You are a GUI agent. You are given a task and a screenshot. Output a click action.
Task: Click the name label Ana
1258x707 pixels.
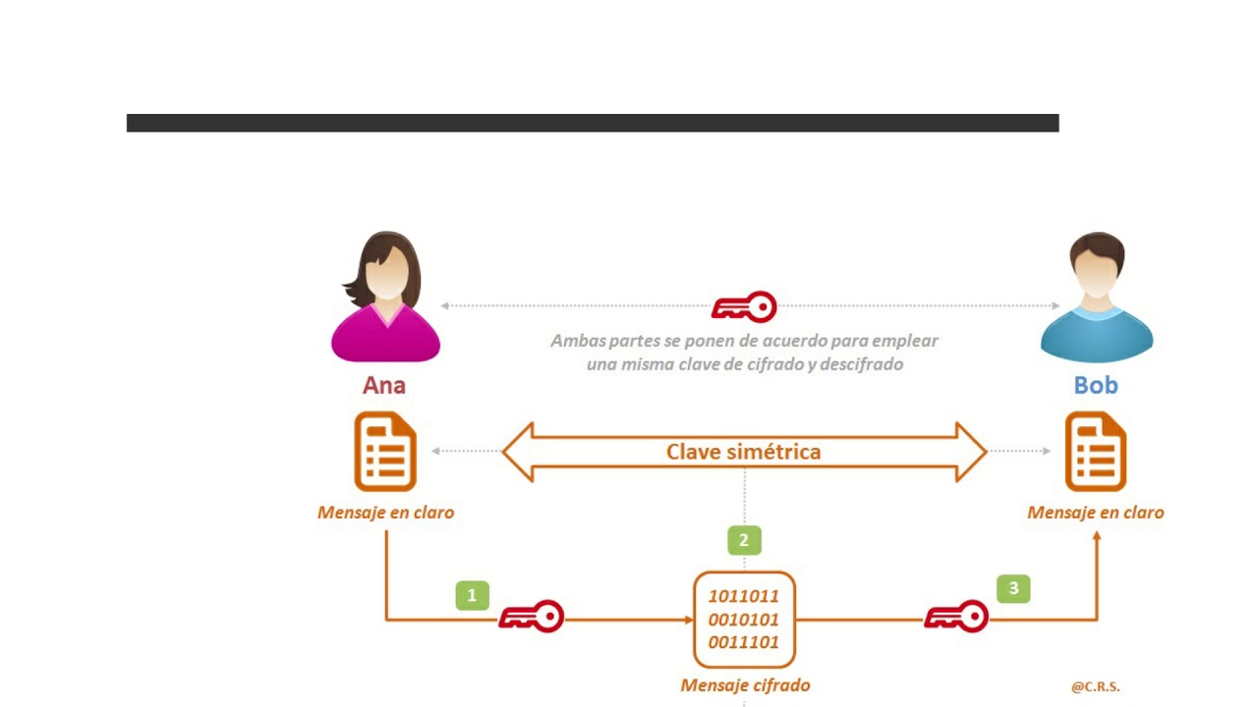pyautogui.click(x=384, y=386)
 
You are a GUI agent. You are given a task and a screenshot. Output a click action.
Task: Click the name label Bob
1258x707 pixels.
pyautogui.click(x=1096, y=386)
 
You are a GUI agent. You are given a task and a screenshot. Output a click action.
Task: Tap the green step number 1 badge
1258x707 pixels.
pyautogui.click(x=473, y=595)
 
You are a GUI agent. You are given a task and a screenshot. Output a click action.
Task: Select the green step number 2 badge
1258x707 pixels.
pyautogui.click(x=744, y=540)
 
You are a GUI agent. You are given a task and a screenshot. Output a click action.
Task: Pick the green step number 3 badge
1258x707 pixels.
pyautogui.click(x=1013, y=588)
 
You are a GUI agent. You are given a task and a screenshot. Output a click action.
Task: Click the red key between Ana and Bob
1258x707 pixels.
pyautogui.click(x=744, y=307)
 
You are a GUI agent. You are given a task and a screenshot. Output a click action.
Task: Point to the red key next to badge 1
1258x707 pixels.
pyautogui.click(x=532, y=617)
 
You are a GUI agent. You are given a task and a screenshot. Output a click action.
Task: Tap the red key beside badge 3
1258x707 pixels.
pyautogui.click(x=956, y=617)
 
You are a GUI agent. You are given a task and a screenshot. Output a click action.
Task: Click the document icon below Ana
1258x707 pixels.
pyautogui.click(x=385, y=452)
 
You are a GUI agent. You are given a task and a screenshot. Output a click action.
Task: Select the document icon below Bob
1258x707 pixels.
pyautogui.click(x=1096, y=452)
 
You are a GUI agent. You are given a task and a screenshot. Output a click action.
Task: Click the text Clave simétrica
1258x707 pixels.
pyautogui.click(x=744, y=452)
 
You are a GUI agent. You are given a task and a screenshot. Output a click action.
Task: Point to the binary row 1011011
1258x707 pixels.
pyautogui.click(x=744, y=596)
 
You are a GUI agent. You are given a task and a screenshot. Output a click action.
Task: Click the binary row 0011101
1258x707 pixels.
pyautogui.click(x=744, y=642)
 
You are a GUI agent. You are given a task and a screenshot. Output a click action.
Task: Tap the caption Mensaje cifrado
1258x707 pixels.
pyautogui.click(x=745, y=685)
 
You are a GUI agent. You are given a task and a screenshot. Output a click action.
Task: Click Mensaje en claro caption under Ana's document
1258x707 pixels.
pyautogui.click(x=386, y=513)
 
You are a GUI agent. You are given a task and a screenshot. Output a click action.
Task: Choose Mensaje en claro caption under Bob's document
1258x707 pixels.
pyautogui.click(x=1096, y=513)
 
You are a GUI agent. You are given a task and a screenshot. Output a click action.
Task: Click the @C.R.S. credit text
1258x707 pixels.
pyautogui.click(x=1096, y=686)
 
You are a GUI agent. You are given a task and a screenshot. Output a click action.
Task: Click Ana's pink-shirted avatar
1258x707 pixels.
pyautogui.click(x=386, y=297)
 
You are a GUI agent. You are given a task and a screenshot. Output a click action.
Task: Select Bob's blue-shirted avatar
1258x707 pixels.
pyautogui.click(x=1097, y=297)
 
